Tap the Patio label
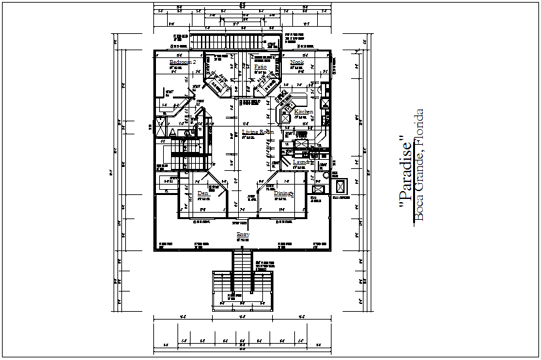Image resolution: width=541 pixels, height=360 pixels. (x=260, y=67)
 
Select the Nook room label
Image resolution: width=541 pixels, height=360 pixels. (x=298, y=63)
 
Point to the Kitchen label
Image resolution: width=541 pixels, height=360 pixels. (x=303, y=112)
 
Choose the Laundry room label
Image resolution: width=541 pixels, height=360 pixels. (x=303, y=162)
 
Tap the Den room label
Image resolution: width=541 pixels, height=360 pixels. (x=203, y=194)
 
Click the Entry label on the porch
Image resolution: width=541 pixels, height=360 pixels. (x=243, y=234)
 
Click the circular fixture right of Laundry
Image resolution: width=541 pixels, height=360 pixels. (x=325, y=175)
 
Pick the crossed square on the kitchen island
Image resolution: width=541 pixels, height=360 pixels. (x=286, y=119)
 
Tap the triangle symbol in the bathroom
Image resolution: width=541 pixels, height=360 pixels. (x=173, y=132)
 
